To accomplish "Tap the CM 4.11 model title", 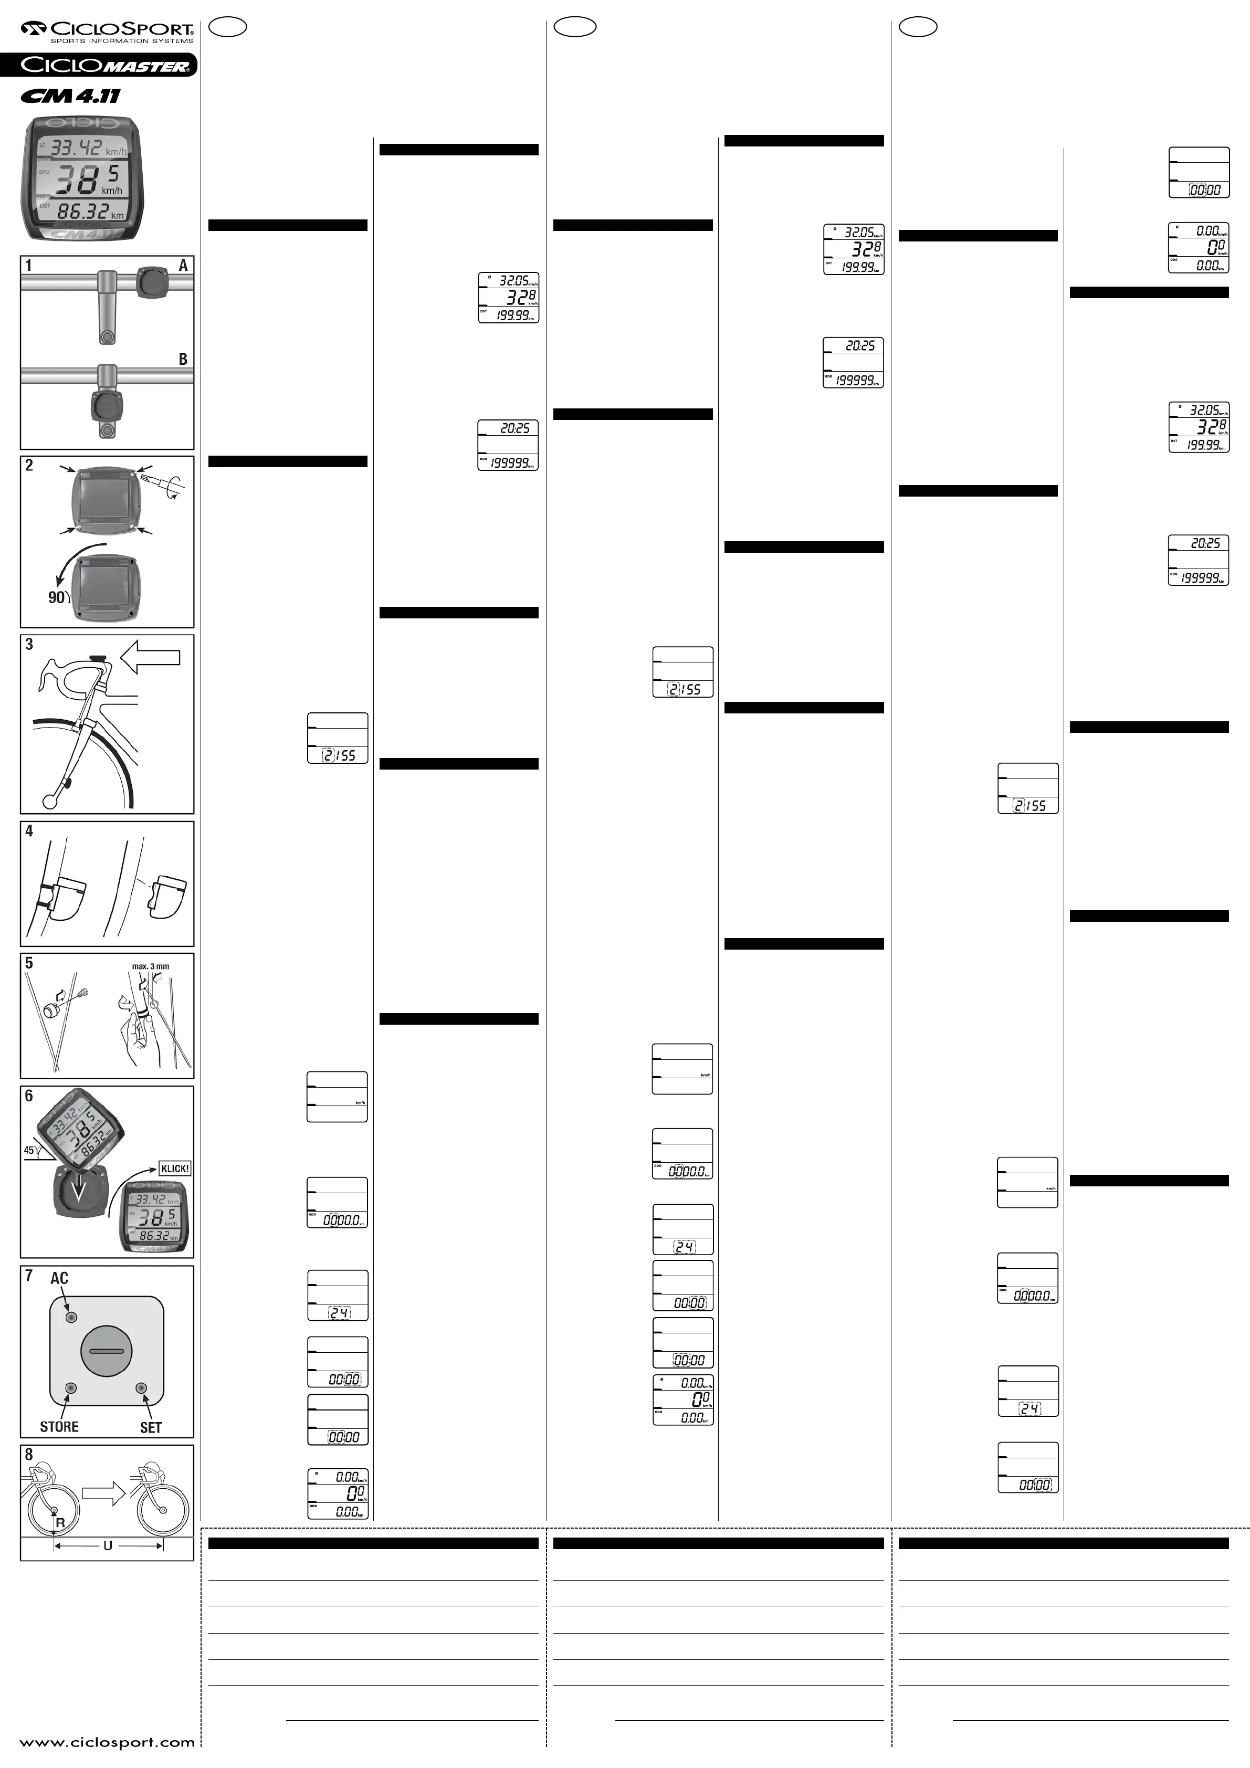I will pyautogui.click(x=71, y=96).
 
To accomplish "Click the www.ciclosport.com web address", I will pyautogui.click(x=107, y=1742).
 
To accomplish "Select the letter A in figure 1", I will pyautogui.click(x=183, y=266).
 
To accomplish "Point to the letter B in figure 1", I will pyautogui.click(x=183, y=359).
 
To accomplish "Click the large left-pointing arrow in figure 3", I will pyautogui.click(x=151, y=657).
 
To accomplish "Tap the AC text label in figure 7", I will pyautogui.click(x=59, y=1278).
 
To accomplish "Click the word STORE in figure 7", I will pyautogui.click(x=59, y=1427).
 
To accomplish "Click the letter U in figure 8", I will pyautogui.click(x=108, y=1545).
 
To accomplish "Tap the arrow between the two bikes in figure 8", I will pyautogui.click(x=103, y=1495).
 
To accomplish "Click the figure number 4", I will pyautogui.click(x=29, y=831).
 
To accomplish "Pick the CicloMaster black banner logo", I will pyautogui.click(x=99, y=66).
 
